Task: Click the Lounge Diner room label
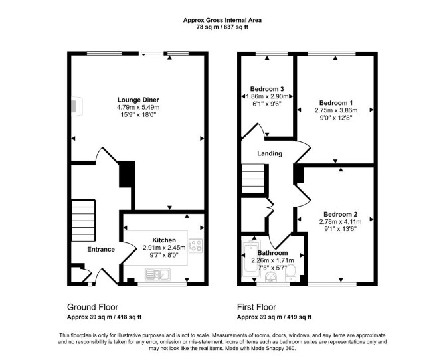(x=138, y=100)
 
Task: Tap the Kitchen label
(x=164, y=240)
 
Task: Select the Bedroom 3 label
(x=267, y=89)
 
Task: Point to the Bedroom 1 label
(x=336, y=103)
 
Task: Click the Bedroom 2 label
(x=340, y=214)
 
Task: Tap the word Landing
(x=270, y=153)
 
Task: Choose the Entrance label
(x=101, y=250)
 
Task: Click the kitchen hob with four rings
(x=196, y=246)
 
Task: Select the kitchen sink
(x=158, y=274)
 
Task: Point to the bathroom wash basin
(x=271, y=277)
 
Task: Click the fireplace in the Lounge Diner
(x=76, y=106)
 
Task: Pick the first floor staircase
(x=252, y=179)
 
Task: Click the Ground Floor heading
(x=92, y=307)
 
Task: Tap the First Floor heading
(x=256, y=307)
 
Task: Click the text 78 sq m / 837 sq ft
(x=222, y=27)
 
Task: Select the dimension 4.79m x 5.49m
(x=138, y=108)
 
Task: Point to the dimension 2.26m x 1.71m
(x=272, y=260)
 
